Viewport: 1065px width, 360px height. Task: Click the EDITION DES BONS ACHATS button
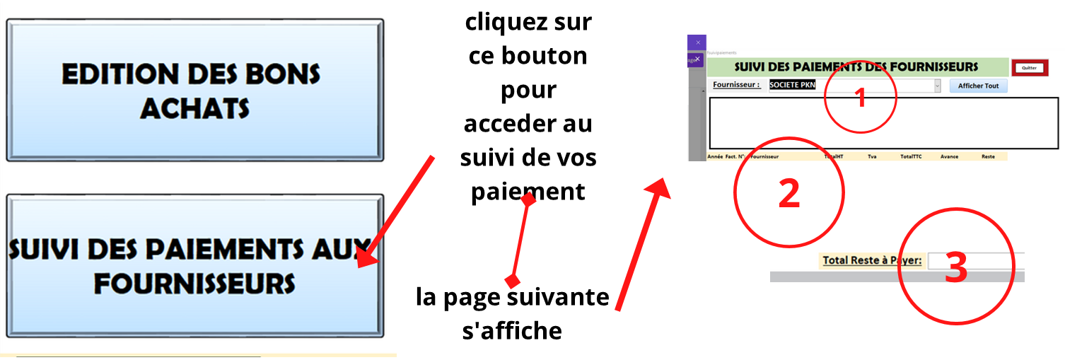pos(194,91)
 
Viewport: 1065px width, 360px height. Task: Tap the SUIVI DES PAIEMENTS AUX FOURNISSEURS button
pos(194,265)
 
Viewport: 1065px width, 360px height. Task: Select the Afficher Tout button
pos(978,86)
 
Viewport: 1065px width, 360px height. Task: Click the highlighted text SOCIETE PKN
pos(792,86)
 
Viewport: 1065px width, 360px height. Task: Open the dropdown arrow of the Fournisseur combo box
pos(938,86)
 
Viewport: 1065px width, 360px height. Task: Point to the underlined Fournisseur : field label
pos(736,85)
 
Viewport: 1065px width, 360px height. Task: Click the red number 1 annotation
pos(861,98)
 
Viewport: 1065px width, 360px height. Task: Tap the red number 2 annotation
pos(788,192)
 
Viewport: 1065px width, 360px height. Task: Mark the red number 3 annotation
pos(956,269)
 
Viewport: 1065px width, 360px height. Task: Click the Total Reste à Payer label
pos(872,260)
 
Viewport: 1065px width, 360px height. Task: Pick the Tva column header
pos(872,156)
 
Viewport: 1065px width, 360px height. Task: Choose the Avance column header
pos(950,156)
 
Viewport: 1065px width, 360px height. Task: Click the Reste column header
pos(988,156)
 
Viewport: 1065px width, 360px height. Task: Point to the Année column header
pos(715,156)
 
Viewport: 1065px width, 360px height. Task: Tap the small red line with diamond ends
pos(520,240)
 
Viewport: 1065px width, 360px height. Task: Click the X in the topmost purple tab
pos(698,42)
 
